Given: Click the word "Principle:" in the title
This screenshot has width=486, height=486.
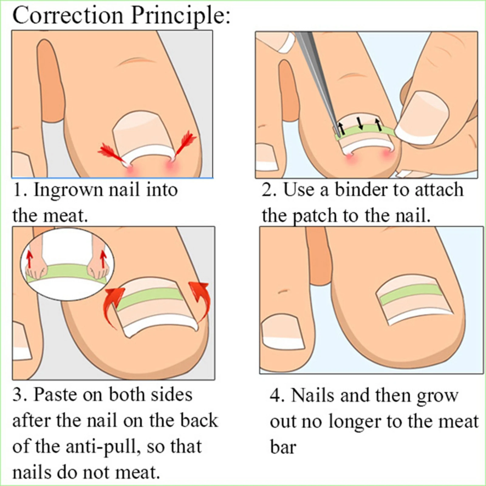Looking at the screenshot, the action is (181, 16).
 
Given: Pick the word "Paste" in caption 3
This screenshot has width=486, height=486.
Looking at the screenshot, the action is (55, 395).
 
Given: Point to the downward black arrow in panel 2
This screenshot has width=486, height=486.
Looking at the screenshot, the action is (361, 123).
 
